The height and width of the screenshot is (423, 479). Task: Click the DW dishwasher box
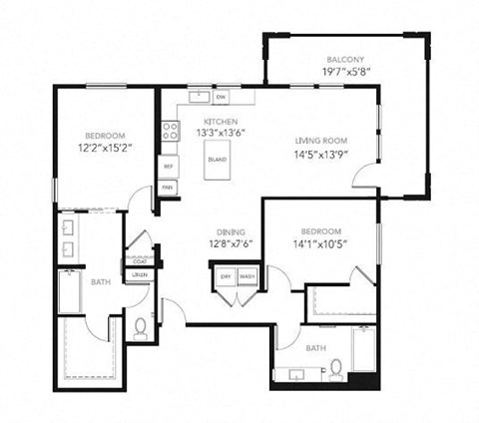(x=221, y=97)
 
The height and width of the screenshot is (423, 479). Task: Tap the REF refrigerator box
(x=169, y=167)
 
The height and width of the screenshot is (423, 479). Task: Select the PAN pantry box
(x=169, y=186)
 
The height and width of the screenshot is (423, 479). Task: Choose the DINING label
(x=231, y=231)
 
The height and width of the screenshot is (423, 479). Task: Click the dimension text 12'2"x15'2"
(x=105, y=149)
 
